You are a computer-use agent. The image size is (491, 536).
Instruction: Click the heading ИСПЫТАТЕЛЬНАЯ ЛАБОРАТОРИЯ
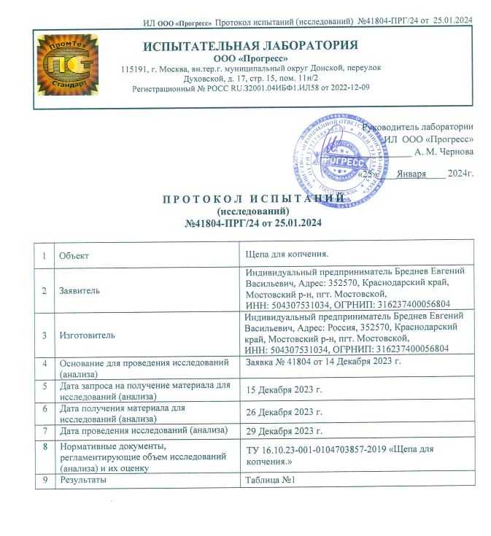point(250,46)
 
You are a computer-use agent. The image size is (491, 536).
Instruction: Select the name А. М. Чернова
point(444,152)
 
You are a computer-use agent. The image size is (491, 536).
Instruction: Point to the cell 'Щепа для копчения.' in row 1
point(287,255)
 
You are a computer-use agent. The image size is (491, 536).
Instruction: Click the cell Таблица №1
point(270,481)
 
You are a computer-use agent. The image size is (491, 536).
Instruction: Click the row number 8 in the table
point(45,446)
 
